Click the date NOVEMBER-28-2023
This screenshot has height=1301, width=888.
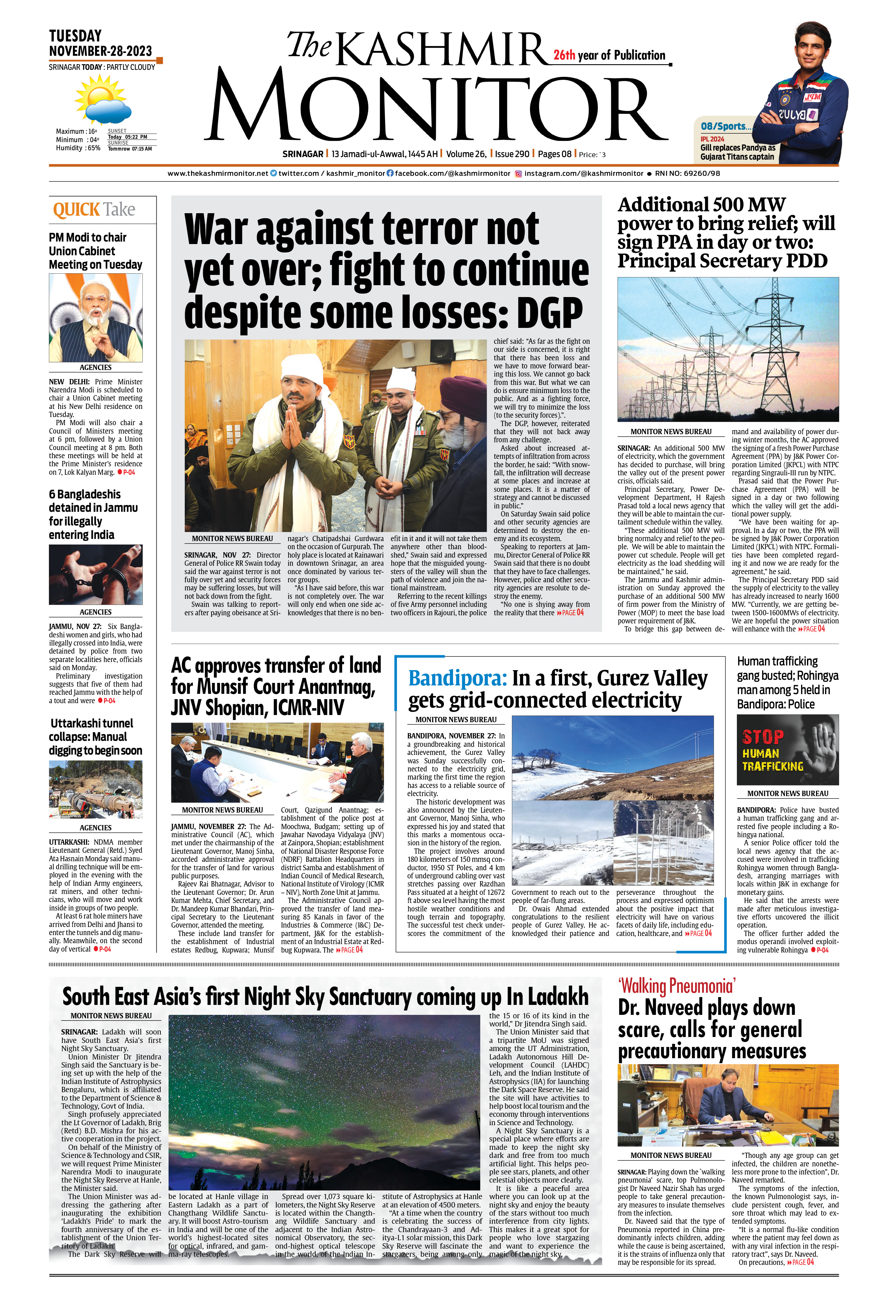[101, 51]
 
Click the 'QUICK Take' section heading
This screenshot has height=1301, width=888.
[94, 210]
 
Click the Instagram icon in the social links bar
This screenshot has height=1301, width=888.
[518, 174]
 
